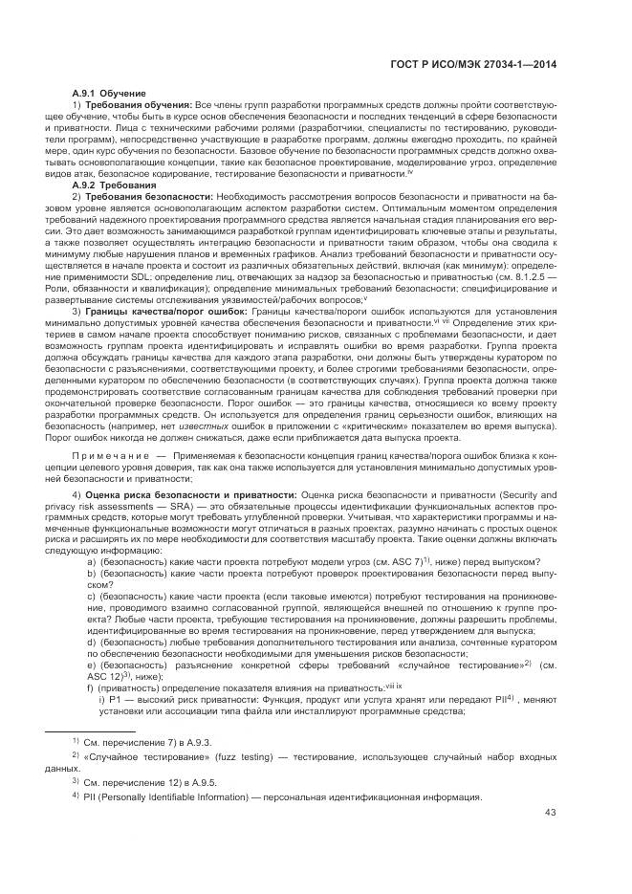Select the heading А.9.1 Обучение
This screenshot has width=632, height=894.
[108, 93]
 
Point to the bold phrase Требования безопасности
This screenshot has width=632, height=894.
[149, 196]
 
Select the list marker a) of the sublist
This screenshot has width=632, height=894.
[91, 561]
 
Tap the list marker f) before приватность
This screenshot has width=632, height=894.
[90, 687]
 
